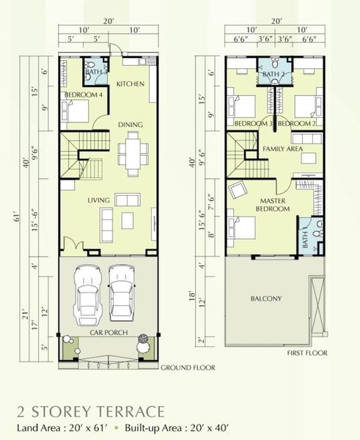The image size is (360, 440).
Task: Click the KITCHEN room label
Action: click(131, 84)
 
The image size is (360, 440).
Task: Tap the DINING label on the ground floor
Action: click(131, 125)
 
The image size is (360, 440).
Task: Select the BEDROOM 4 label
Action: click(84, 95)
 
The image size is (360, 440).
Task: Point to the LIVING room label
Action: click(98, 200)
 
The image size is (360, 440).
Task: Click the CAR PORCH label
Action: click(109, 332)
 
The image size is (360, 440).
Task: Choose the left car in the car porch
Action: click(87, 295)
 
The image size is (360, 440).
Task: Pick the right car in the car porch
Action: click(122, 293)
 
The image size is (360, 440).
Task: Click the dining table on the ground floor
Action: click(133, 154)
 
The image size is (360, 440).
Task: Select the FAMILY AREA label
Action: click(283, 149)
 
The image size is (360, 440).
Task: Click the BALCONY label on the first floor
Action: click(266, 298)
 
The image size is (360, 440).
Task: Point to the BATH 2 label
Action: click(273, 74)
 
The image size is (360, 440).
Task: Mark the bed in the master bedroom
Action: click(241, 227)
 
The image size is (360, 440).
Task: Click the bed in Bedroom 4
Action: click(76, 111)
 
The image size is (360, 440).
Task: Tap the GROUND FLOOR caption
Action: click(188, 367)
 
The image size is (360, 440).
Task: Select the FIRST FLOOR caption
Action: click(307, 353)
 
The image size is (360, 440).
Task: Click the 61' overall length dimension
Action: click(17, 216)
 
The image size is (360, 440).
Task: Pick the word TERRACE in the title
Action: click(132, 412)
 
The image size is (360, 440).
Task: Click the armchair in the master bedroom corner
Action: click(238, 190)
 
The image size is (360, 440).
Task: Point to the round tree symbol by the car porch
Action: click(143, 338)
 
